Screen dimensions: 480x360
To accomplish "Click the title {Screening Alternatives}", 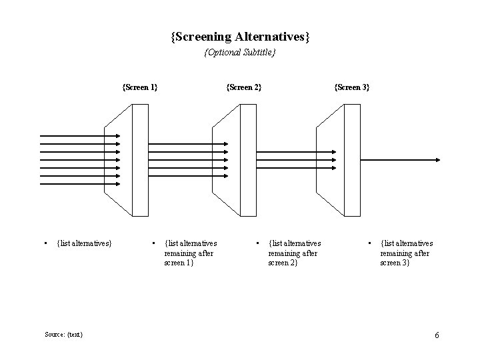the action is (240, 36).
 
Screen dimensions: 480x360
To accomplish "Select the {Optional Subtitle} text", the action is (240, 52).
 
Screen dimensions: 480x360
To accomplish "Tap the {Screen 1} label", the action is (140, 87).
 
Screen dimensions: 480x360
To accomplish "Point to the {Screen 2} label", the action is (244, 87).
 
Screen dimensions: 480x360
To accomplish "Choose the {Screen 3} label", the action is (351, 87).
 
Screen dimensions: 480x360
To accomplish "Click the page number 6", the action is (437, 335).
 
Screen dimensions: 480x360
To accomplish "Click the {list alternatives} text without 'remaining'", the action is (85, 243).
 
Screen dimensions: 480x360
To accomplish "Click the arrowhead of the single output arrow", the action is (437, 160).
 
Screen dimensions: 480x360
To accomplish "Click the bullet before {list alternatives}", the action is (44, 243).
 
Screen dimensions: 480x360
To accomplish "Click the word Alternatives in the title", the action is (273, 36).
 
